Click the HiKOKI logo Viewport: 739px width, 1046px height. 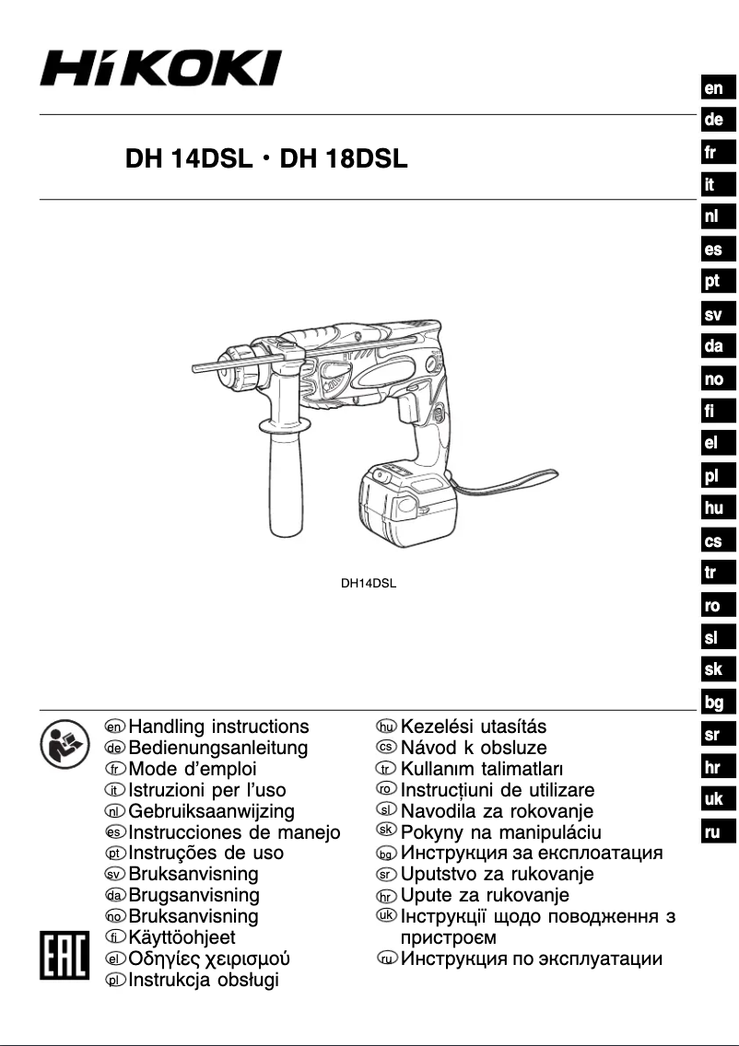[160, 68]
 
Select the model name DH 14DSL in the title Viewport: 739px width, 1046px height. [188, 159]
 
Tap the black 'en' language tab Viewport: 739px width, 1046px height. [714, 88]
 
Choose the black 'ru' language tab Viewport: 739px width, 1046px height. [714, 832]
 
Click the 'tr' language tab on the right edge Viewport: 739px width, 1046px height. [714, 573]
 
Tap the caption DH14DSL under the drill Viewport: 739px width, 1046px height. [369, 582]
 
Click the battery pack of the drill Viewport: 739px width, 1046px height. [406, 507]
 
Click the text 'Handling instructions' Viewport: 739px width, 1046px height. [218, 727]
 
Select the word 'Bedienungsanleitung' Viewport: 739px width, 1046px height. [218, 748]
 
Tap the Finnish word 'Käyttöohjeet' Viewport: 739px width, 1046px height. [182, 937]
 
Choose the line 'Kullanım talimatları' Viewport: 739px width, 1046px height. [482, 769]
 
